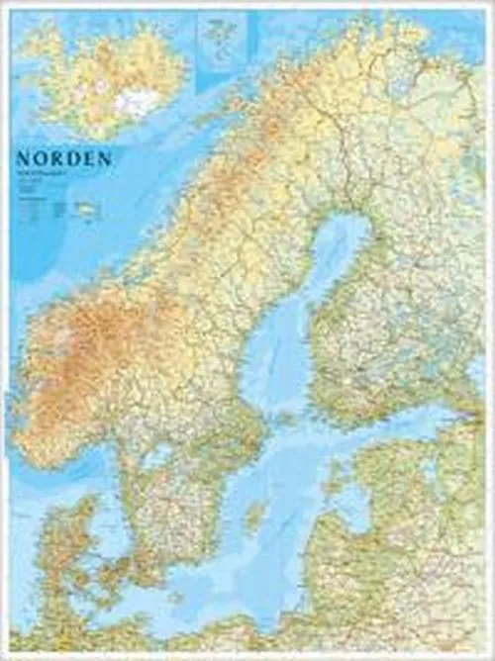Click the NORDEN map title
coord(63,158)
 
